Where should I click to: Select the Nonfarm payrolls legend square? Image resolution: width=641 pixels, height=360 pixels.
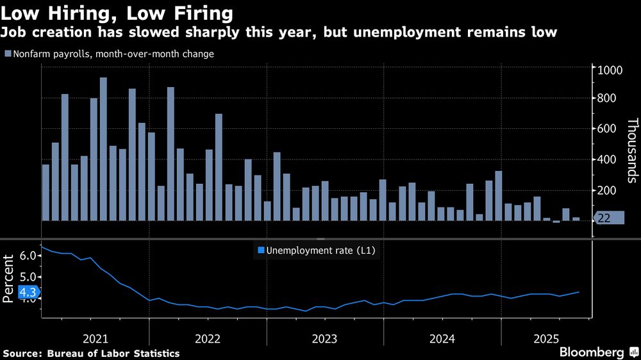click(x=8, y=54)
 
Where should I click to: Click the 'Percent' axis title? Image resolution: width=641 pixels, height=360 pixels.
click(x=9, y=279)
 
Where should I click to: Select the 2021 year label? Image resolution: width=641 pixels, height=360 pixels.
click(x=96, y=338)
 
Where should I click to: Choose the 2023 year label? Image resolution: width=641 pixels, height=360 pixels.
click(x=325, y=338)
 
